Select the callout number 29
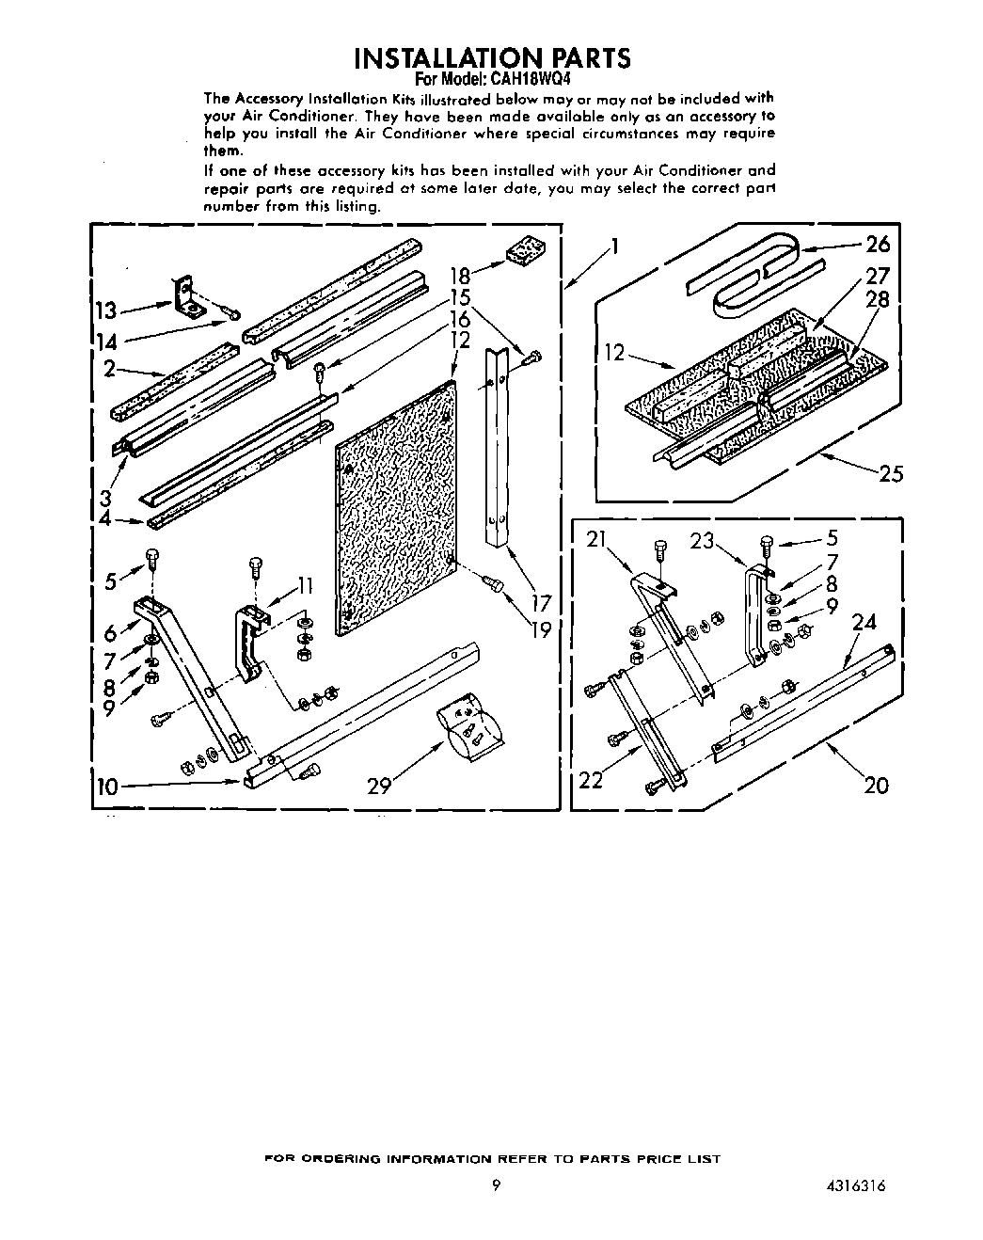click(x=378, y=786)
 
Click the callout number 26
click(x=877, y=245)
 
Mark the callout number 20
click(x=875, y=784)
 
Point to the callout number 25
click(x=890, y=473)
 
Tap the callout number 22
click(x=591, y=780)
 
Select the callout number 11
click(x=303, y=587)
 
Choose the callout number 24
click(x=864, y=622)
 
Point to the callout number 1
click(x=613, y=246)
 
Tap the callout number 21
click(x=596, y=539)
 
